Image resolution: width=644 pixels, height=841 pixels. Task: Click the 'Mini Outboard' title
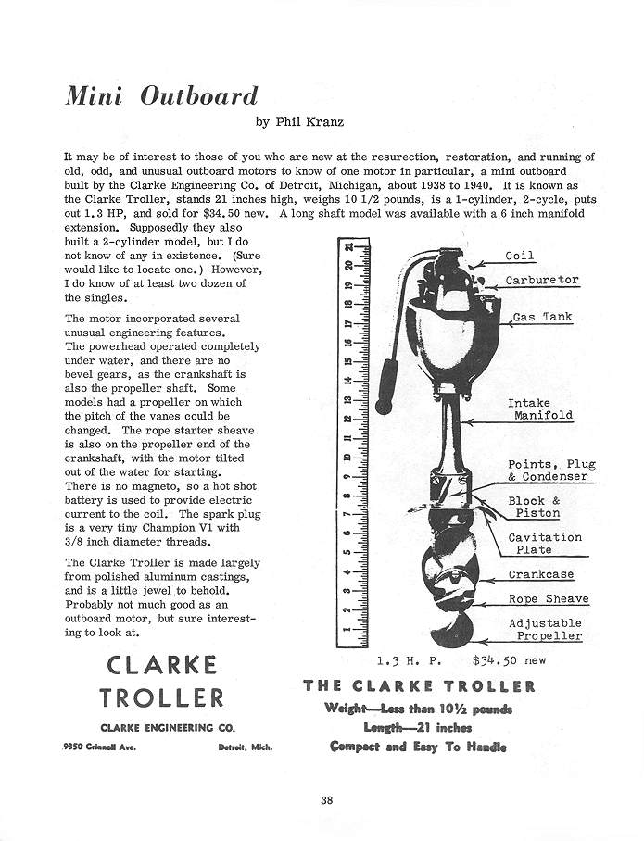[x=161, y=96]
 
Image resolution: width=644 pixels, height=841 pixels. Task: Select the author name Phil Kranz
[x=295, y=120]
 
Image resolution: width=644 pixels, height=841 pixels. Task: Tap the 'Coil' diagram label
[x=520, y=256]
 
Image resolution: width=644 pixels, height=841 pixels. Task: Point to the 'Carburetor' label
[x=542, y=280]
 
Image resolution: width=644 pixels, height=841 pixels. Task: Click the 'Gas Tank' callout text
[x=542, y=317]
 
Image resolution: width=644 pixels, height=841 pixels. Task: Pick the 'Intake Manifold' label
[x=540, y=409]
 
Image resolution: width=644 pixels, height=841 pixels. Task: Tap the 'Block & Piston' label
[x=534, y=507]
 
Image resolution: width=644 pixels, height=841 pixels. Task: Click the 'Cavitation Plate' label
[x=545, y=544]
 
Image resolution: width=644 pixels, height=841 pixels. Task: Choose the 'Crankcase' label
[x=541, y=574]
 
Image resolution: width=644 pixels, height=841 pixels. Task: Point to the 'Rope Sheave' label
[x=548, y=599]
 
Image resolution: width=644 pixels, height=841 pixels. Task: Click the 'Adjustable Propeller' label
[x=549, y=630]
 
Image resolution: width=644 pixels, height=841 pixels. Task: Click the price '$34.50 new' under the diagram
[x=509, y=660]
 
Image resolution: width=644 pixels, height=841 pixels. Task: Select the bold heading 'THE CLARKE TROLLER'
[x=419, y=686]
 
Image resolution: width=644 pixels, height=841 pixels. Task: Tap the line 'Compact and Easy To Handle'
[x=418, y=747]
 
